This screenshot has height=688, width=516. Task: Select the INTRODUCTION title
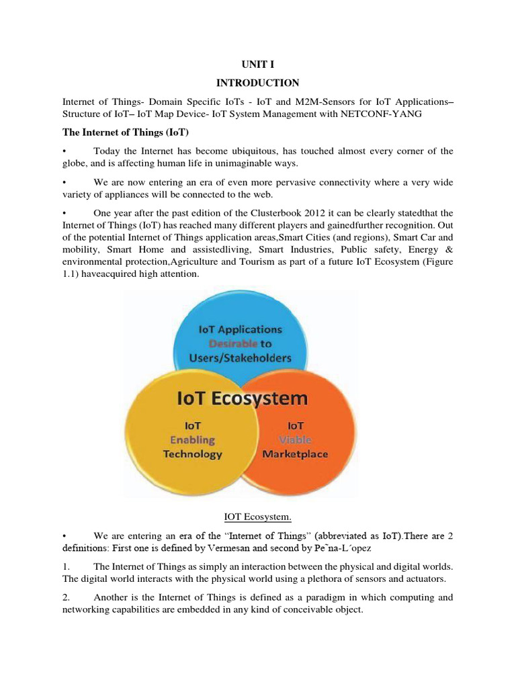click(x=257, y=83)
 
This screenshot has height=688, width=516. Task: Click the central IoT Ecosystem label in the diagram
click(x=242, y=398)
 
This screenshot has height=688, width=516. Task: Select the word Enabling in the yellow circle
click(x=192, y=439)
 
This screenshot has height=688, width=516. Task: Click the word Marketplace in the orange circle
click(x=296, y=454)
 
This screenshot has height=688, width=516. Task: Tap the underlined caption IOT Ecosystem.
click(x=257, y=516)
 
